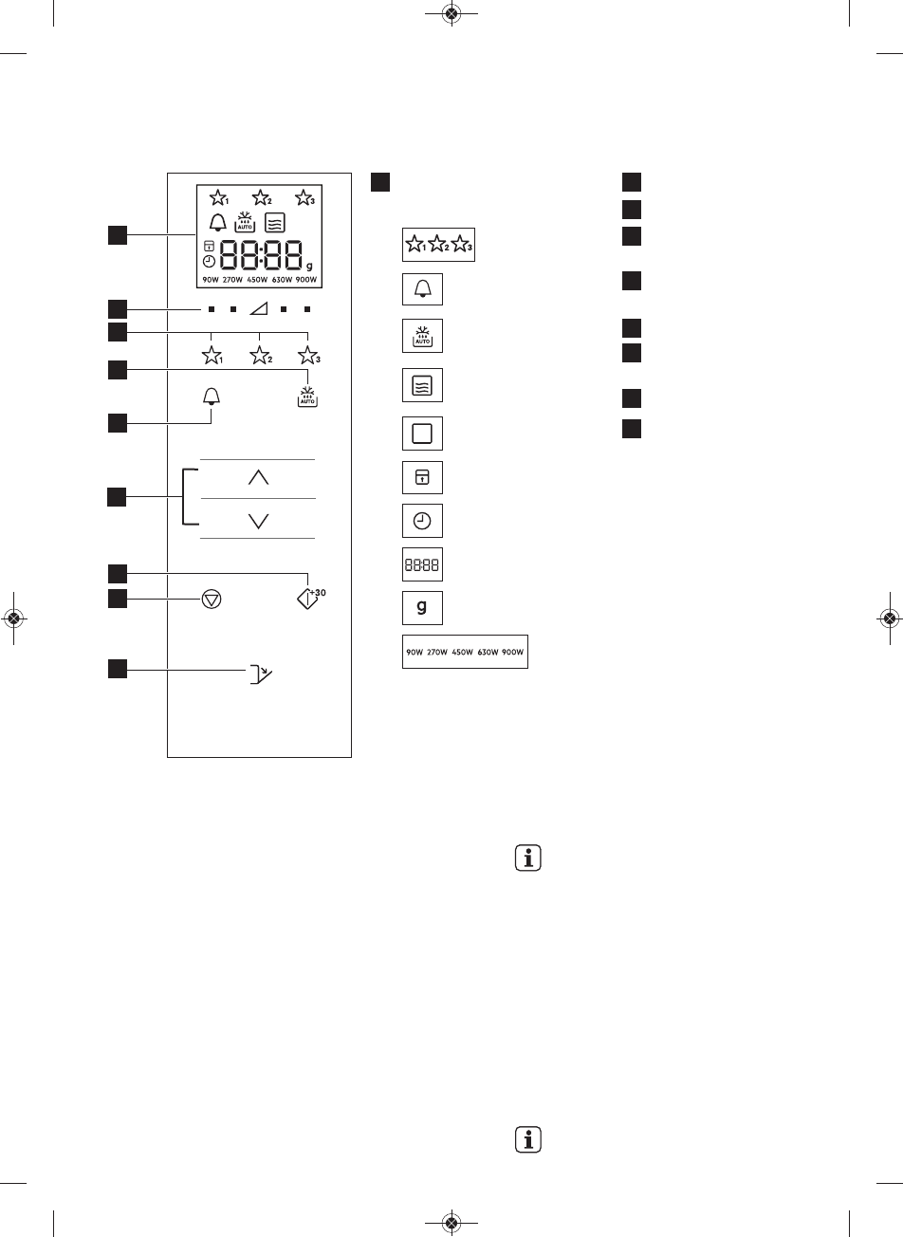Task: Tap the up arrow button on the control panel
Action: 258,479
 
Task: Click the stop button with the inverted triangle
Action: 211,601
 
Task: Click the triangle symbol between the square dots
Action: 258,309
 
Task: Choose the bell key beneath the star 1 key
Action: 211,396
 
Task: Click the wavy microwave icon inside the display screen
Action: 275,223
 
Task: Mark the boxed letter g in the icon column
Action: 422,608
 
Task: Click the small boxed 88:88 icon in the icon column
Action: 422,566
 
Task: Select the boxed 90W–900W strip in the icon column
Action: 465,652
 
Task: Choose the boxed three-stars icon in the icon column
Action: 438,246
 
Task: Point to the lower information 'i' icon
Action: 527,1138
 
